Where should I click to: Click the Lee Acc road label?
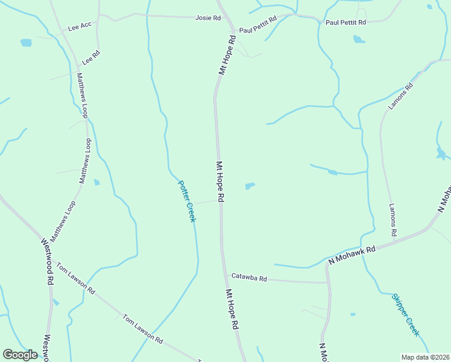point(80,27)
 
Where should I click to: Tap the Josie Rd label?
point(208,18)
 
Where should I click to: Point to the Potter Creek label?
point(187,201)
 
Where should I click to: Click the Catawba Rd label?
point(249,278)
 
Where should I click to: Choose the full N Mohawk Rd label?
point(352,255)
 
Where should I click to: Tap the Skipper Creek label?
point(405,314)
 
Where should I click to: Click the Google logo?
point(20,355)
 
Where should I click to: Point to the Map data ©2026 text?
point(424,357)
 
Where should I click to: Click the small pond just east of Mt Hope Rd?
point(250,186)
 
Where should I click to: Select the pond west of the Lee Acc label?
point(26,43)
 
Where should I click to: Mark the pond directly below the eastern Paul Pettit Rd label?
point(359,40)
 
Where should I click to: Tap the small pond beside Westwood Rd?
point(55,302)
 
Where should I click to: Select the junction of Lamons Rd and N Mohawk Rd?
point(396,240)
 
